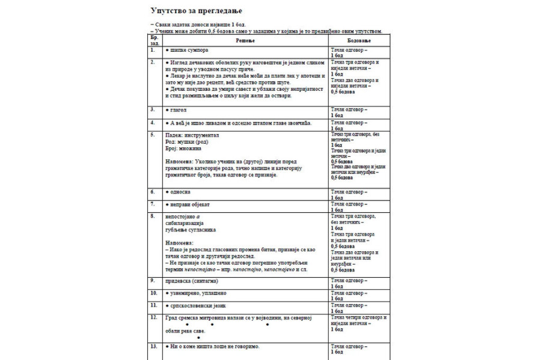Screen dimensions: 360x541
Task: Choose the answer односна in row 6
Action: pyautogui.click(x=180, y=192)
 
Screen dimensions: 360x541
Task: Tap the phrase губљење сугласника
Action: pyautogui.click(x=191, y=230)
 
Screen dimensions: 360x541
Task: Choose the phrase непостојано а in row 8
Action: pyautogui.click(x=183, y=216)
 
